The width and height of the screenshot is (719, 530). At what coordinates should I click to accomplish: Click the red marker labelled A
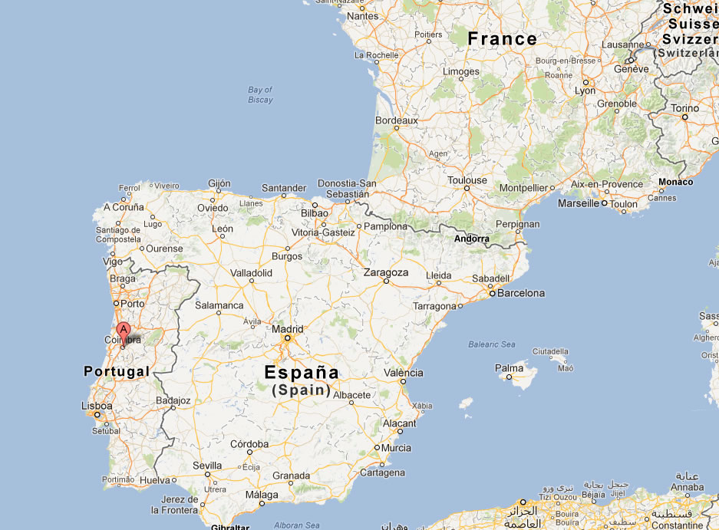123,332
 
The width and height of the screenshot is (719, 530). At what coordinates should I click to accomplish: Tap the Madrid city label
288,329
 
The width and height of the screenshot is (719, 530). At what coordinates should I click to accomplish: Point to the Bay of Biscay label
260,95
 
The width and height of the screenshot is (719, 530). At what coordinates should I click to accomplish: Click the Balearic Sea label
492,344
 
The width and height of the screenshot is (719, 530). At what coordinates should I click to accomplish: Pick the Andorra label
471,239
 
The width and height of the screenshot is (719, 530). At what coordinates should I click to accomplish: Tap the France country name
502,38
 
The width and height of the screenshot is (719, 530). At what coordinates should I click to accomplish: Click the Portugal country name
116,371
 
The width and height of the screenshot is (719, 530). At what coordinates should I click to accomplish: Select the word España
301,373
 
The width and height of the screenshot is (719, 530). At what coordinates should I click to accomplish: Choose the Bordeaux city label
396,120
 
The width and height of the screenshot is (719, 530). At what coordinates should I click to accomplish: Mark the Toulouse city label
467,181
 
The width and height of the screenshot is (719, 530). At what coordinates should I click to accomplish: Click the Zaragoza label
386,272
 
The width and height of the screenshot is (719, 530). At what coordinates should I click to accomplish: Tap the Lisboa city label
97,406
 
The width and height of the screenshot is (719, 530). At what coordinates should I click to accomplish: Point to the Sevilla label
207,466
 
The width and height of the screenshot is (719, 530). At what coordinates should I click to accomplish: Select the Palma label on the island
509,368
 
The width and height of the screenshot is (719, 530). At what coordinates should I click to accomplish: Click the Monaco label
674,182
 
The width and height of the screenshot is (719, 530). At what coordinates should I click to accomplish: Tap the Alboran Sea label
296,525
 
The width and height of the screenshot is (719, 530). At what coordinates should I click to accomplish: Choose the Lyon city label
585,90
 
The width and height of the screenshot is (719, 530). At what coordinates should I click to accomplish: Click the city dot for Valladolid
252,281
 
